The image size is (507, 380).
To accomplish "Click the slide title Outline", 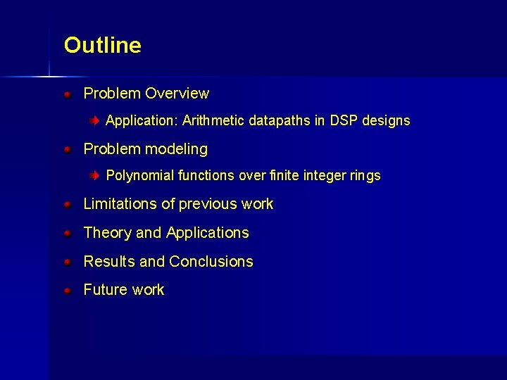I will pyautogui.click(x=102, y=45).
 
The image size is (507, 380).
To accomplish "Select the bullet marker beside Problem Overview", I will pyautogui.click(x=66, y=94).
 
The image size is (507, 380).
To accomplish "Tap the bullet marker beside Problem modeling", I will pyautogui.click(x=66, y=149).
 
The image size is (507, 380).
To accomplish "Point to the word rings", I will pyautogui.click(x=365, y=176).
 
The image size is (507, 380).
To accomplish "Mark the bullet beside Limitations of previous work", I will pyautogui.click(x=66, y=204).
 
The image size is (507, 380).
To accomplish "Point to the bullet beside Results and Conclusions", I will pyautogui.click(x=66, y=262).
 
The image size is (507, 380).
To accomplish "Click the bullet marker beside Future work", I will pyautogui.click(x=66, y=290).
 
